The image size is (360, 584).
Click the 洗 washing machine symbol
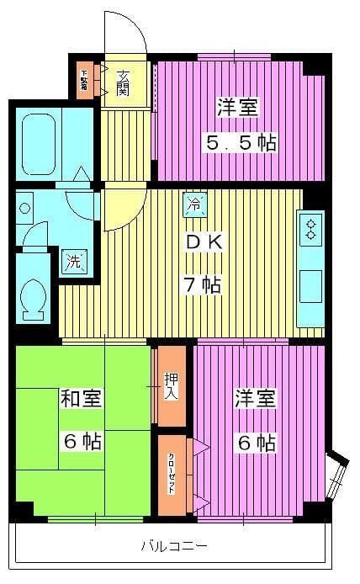tap(74, 261)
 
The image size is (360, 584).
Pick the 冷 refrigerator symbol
tap(194, 203)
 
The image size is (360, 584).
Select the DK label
tap(204, 242)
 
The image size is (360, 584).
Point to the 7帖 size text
tap(204, 285)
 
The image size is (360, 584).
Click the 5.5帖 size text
tap(241, 141)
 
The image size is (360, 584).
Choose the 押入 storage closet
tap(171, 385)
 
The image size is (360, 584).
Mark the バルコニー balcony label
tap(174, 546)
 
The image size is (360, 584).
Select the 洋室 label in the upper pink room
tap(238, 107)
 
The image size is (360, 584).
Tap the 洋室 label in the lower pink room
tap(255, 398)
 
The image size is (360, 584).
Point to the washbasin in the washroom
tap(25, 207)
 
